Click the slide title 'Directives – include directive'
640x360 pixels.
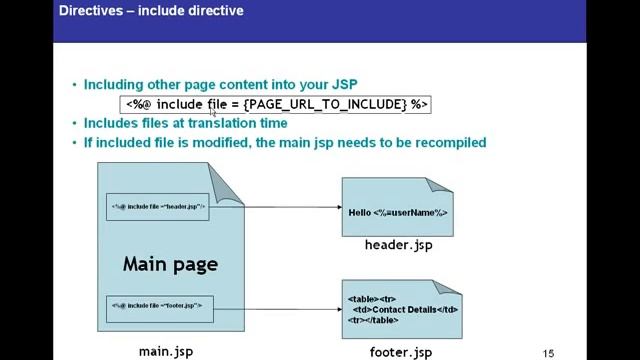coord(151,12)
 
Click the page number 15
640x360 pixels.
coord(548,352)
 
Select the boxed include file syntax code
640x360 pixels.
coord(276,104)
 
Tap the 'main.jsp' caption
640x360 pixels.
coord(165,351)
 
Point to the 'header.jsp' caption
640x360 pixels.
coord(398,245)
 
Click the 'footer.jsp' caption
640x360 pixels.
coord(400,352)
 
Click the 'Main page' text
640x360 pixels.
coord(170,265)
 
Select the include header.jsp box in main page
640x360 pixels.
coord(158,207)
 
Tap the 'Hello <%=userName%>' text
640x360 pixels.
coord(397,213)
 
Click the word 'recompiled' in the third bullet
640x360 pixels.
coord(448,143)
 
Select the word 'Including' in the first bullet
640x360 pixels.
coord(115,85)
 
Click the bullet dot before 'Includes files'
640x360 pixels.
coord(74,124)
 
